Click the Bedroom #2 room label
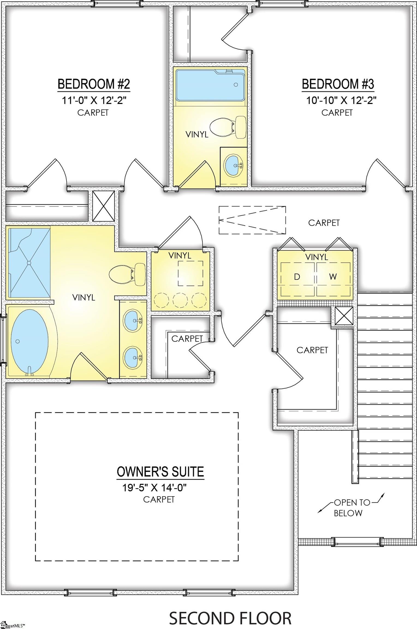point(94,84)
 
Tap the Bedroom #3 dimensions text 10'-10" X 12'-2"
point(341,100)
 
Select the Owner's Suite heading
point(160,472)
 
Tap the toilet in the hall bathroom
point(228,127)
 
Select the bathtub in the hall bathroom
point(210,85)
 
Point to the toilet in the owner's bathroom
point(127,274)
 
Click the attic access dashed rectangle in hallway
point(252,220)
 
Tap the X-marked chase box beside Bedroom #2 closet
point(104,206)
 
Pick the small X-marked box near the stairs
point(344,316)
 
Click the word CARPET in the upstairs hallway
point(324,223)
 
